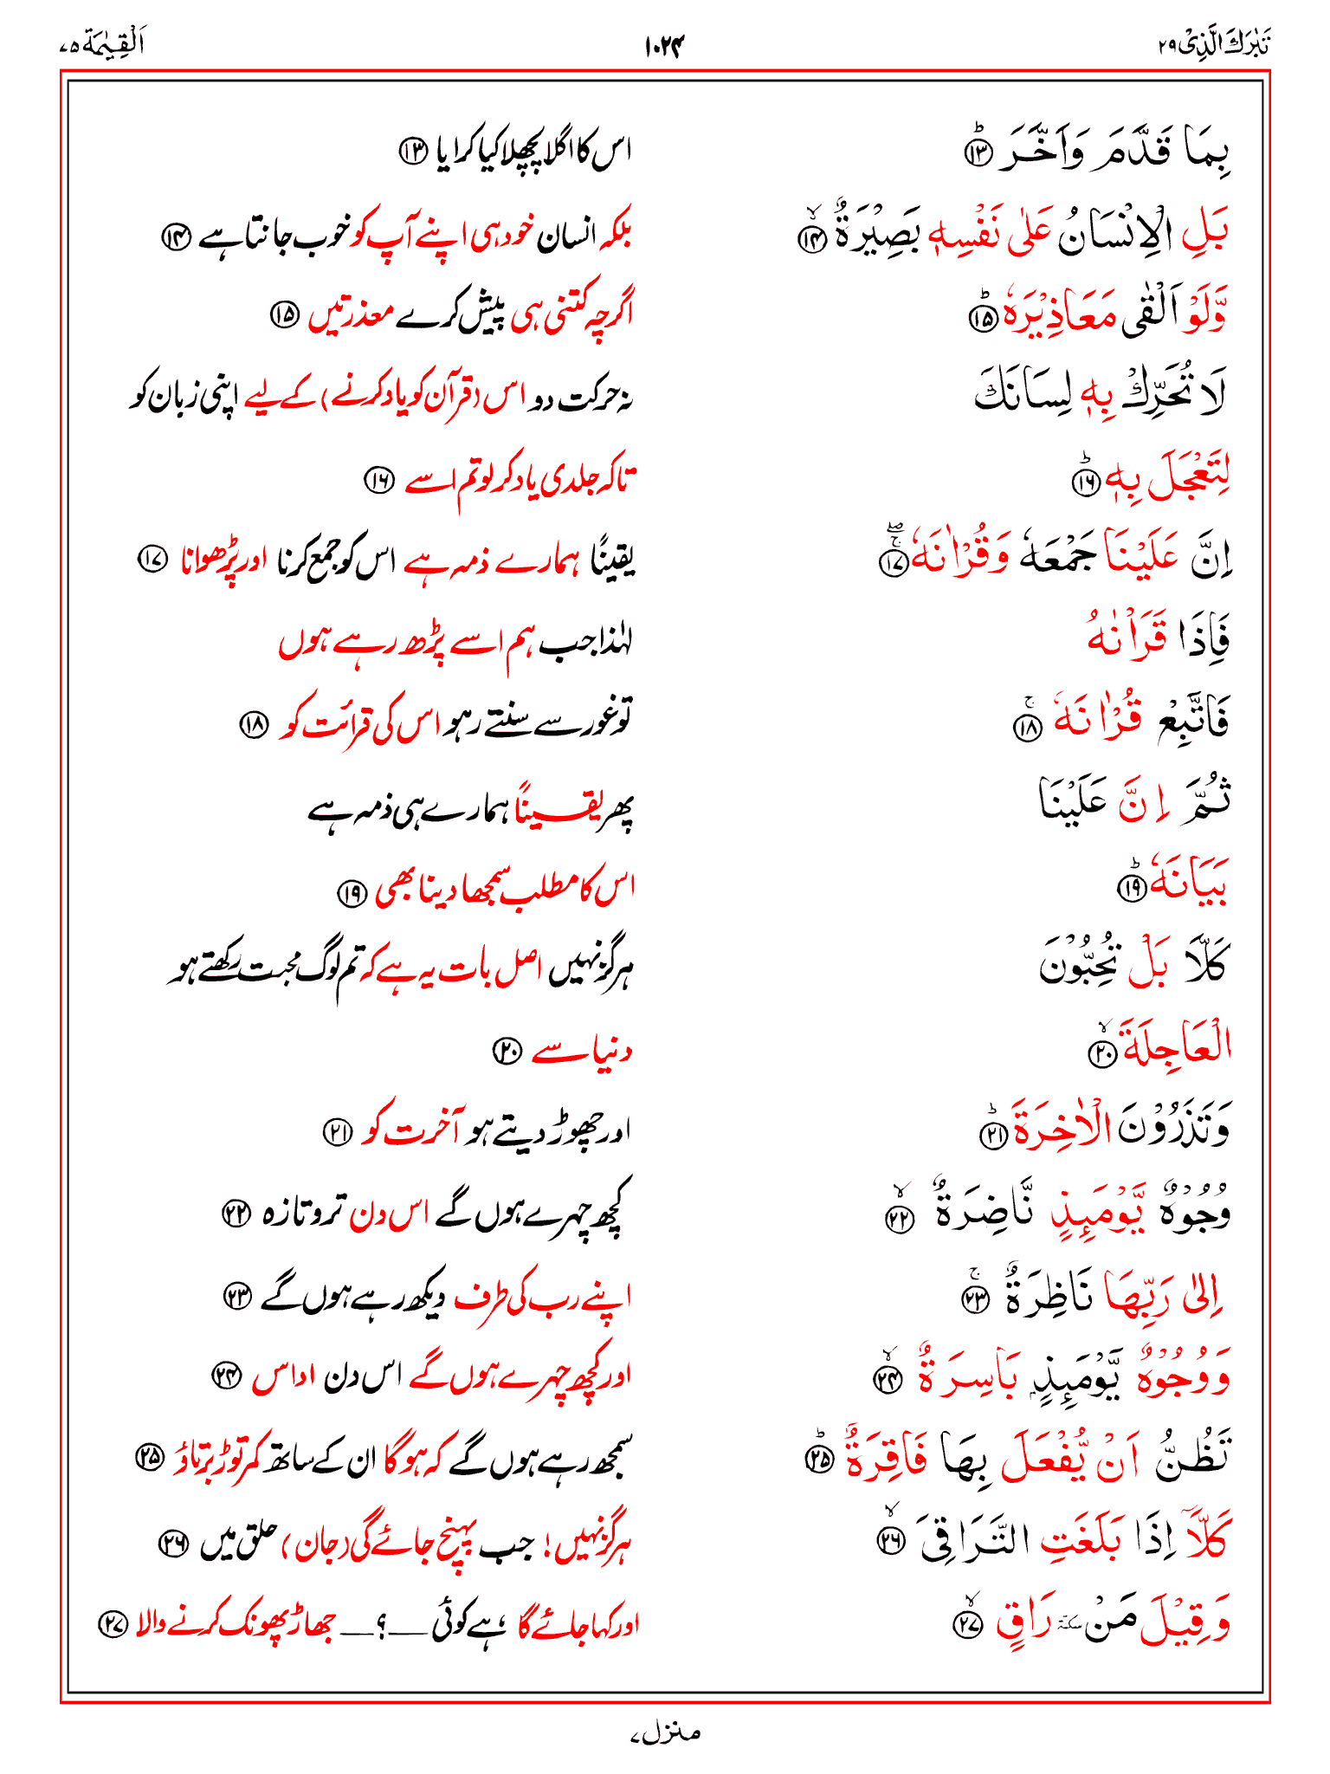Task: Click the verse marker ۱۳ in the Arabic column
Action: coord(977,155)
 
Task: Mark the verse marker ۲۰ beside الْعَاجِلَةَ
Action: coord(1102,1052)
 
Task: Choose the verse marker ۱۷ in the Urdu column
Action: coord(153,560)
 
